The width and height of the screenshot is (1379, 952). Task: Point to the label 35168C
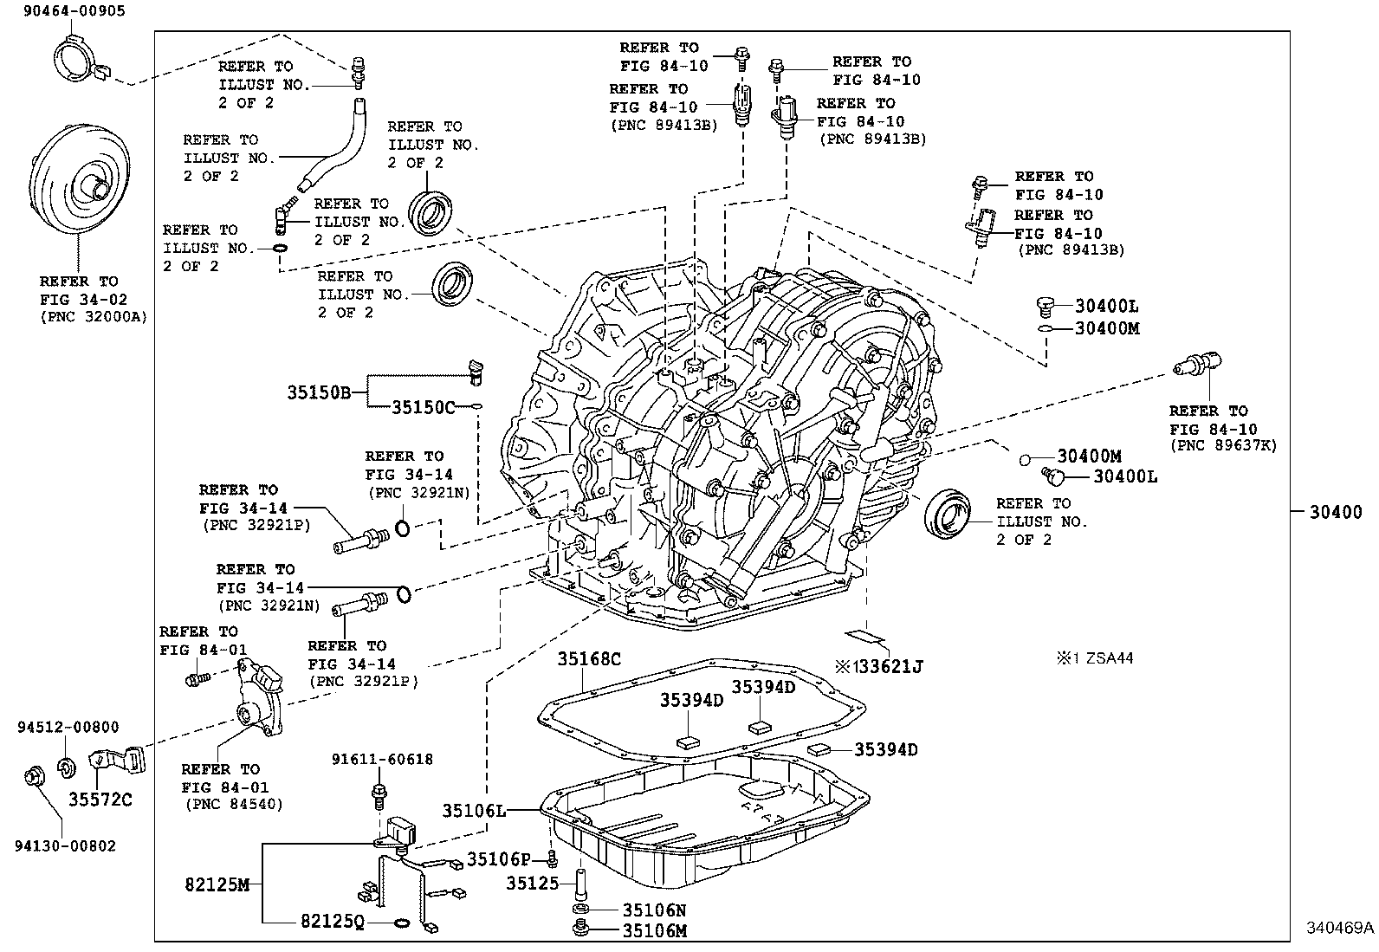click(589, 659)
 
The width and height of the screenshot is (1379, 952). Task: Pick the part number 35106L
click(474, 811)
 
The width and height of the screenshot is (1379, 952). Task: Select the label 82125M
click(217, 884)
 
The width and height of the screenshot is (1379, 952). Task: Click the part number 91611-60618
click(382, 760)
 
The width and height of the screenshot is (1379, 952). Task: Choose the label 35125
click(532, 884)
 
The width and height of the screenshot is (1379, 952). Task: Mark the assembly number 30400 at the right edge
click(1335, 512)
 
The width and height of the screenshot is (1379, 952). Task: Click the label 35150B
click(319, 392)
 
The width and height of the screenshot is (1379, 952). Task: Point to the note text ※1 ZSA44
click(1093, 658)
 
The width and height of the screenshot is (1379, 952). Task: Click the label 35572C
click(100, 799)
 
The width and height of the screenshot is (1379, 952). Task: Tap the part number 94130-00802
click(65, 845)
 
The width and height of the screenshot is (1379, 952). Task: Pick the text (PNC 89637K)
click(1223, 445)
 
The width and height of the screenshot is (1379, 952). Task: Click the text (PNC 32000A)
click(94, 317)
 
